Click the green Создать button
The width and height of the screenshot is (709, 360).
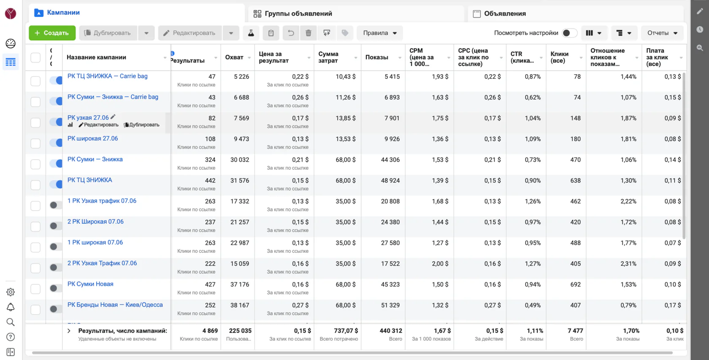52,33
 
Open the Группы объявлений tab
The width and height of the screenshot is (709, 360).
298,14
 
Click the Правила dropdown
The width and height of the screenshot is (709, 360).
379,33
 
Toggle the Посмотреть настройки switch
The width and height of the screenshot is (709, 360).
569,33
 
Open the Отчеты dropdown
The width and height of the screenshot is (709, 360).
662,33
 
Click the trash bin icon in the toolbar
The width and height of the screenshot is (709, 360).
308,33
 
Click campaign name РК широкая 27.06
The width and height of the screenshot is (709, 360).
92,138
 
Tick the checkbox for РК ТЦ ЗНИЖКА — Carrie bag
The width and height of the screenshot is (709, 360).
35,81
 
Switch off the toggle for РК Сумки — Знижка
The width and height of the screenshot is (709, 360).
56,164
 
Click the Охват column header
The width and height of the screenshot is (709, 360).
234,57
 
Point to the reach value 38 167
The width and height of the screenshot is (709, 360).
240,305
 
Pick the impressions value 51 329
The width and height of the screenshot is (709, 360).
390,305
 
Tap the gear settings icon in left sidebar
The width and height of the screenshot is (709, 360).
11,292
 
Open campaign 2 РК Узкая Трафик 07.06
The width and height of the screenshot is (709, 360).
102,263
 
